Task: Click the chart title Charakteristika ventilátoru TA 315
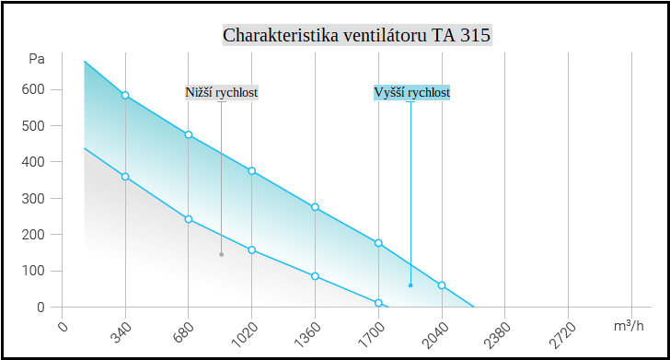tap(357, 36)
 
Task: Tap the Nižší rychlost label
tap(221, 93)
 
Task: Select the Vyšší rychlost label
tap(411, 93)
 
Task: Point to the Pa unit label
tap(37, 59)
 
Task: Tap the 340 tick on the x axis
tap(120, 331)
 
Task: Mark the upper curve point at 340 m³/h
tap(125, 96)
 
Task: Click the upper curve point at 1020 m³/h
tap(251, 171)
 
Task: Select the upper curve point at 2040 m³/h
tap(442, 285)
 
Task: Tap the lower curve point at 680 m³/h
tap(189, 219)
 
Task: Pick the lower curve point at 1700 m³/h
tap(378, 303)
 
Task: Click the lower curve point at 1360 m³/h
tap(315, 276)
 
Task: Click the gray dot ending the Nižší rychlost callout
tap(221, 254)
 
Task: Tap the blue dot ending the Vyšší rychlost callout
tap(410, 285)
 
